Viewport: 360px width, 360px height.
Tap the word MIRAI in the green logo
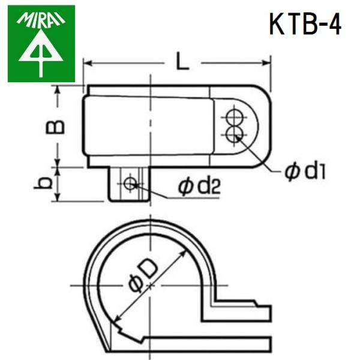pyautogui.click(x=41, y=20)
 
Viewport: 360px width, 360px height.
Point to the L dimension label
pyautogui.click(x=181, y=61)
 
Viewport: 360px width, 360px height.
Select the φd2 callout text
pyautogui.click(x=199, y=188)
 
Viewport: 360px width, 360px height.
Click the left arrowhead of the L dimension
pyautogui.click(x=88, y=61)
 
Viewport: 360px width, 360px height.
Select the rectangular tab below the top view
pyautogui.click(x=129, y=185)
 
